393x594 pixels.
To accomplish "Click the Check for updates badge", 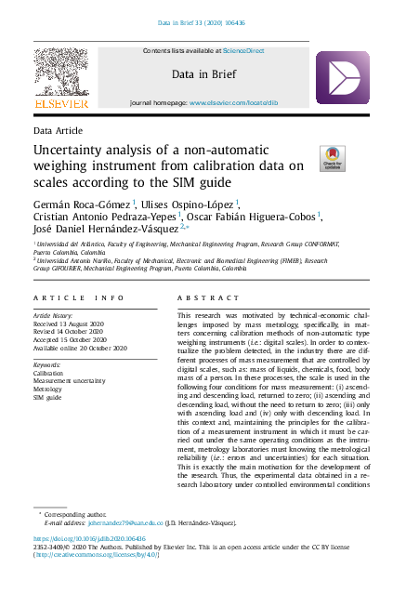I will (x=332, y=158).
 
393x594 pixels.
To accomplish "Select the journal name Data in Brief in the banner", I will (x=196, y=73).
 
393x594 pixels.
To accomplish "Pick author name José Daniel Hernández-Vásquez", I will (x=107, y=228).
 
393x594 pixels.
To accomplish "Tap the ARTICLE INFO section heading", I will (x=78, y=297).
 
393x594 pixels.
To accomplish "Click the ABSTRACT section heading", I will (x=203, y=297).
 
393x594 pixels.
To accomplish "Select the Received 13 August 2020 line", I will (x=73, y=324).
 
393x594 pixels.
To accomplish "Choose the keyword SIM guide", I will (x=48, y=398).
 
